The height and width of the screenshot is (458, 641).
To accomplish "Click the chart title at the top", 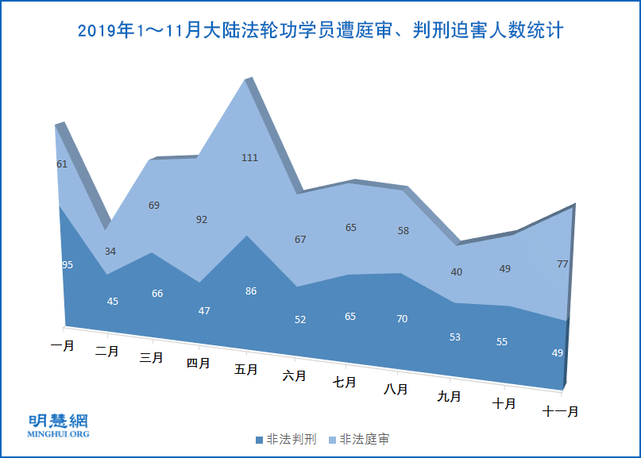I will point(320,31).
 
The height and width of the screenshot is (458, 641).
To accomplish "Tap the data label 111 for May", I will point(249,158).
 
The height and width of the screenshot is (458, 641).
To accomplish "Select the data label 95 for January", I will point(68,265).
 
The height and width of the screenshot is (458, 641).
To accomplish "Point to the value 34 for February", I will point(110,252).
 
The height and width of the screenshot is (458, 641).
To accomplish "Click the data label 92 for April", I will point(202,220).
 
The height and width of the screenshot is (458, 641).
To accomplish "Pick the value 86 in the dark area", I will point(251,291).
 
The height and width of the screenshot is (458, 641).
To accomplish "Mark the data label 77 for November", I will point(562,264).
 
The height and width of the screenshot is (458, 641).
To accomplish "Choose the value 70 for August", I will point(402,319).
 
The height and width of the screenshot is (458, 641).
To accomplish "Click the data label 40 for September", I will point(457,272).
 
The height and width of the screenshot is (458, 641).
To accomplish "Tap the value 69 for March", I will point(154,206).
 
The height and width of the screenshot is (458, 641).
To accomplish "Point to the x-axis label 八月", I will point(396,389).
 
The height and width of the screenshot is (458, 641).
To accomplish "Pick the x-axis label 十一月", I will point(561,411).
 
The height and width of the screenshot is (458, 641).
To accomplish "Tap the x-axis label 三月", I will point(152,357).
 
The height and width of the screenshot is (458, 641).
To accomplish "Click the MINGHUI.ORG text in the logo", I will point(59,434).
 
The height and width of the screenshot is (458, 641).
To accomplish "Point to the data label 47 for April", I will point(204,311).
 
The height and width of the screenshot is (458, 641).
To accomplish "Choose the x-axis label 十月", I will point(504,403).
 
